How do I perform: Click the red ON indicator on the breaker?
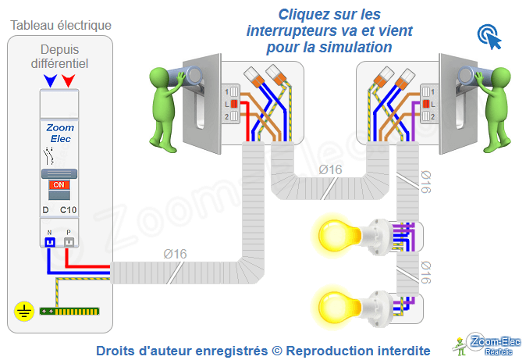[59, 185]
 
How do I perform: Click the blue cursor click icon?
[490, 37]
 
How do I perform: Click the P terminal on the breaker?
[69, 242]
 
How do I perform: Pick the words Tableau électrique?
[61, 25]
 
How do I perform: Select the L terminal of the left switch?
[233, 104]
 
